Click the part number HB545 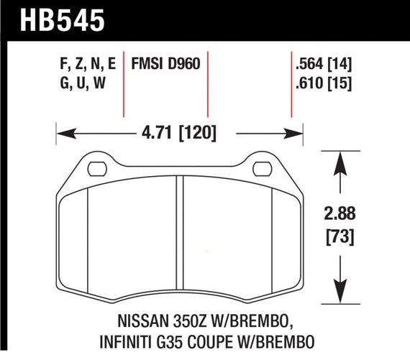54,19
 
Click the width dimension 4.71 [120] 176,133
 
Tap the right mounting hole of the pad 262,170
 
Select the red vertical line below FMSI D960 208,93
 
